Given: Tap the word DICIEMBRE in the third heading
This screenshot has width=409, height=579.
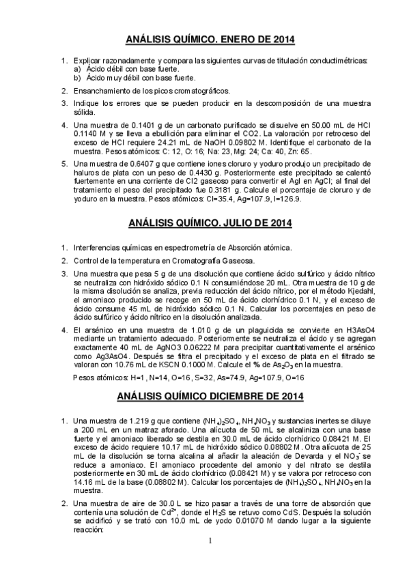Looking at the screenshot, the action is pyautogui.click(x=245, y=395).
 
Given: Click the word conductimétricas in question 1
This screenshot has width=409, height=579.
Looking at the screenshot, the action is pyautogui.click(x=341, y=61).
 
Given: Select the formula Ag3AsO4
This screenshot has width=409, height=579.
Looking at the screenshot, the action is pyautogui.click(x=91, y=356).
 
